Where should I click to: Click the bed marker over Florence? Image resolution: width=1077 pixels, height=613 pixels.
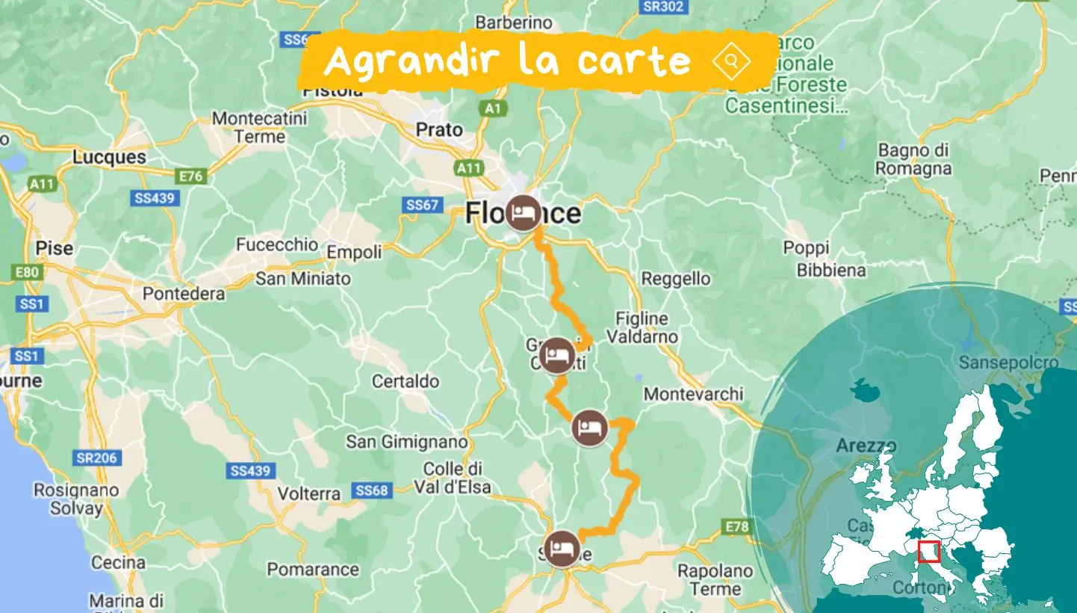pyautogui.click(x=523, y=213)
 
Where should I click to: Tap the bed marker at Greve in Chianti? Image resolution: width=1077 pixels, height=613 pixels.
pyautogui.click(x=557, y=355)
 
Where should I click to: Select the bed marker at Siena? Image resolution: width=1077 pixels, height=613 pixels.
pyautogui.click(x=562, y=549)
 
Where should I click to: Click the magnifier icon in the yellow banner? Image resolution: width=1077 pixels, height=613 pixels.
pyautogui.click(x=731, y=61)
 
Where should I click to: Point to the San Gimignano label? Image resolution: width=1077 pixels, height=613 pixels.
pyautogui.click(x=406, y=443)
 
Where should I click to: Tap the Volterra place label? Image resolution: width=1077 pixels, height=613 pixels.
pyautogui.click(x=309, y=494)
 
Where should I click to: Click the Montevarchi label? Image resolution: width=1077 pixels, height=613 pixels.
pyautogui.click(x=694, y=393)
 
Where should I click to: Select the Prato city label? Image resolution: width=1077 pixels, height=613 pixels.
pyautogui.click(x=439, y=129)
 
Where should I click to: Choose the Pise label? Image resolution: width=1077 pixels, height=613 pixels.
pyautogui.click(x=55, y=247)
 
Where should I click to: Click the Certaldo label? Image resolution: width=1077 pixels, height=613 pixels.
pyautogui.click(x=406, y=381)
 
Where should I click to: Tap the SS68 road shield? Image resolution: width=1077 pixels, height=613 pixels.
pyautogui.click(x=372, y=490)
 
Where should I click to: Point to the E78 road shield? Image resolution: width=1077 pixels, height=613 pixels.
pyautogui.click(x=736, y=528)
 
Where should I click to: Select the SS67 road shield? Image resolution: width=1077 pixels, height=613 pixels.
pyautogui.click(x=422, y=205)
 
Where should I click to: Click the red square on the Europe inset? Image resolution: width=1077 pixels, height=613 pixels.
pyautogui.click(x=928, y=552)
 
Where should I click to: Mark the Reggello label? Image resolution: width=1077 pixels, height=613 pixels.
pyautogui.click(x=676, y=279)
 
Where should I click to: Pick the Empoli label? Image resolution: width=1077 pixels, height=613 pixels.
pyautogui.click(x=354, y=253)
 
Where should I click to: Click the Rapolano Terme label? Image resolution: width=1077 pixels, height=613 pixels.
pyautogui.click(x=715, y=579)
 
